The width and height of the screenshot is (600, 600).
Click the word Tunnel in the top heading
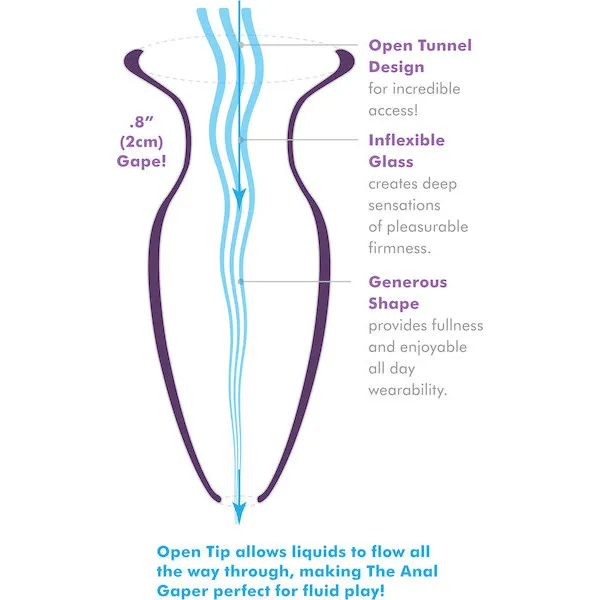click(x=445, y=46)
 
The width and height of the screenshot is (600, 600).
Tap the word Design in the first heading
click(x=396, y=67)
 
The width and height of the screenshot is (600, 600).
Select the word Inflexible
click(x=407, y=140)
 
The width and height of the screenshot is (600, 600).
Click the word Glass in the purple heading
click(x=391, y=162)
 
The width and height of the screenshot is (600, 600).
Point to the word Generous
click(x=408, y=282)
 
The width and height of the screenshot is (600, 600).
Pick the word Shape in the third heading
click(x=394, y=304)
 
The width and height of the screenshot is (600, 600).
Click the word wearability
click(x=408, y=390)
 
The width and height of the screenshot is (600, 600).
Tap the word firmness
click(x=400, y=248)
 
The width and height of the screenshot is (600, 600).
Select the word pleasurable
click(x=427, y=227)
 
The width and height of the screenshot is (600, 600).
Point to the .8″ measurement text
click(x=142, y=122)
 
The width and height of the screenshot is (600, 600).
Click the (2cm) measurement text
click(x=142, y=142)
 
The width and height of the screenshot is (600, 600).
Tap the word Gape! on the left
click(x=142, y=161)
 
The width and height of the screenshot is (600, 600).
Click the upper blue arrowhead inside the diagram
click(x=240, y=198)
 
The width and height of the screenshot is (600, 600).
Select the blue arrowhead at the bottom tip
click(x=240, y=514)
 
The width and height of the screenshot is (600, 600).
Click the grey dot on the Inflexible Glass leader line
click(x=240, y=140)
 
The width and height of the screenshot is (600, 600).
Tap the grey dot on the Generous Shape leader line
click(x=240, y=282)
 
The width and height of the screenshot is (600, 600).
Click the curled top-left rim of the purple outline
click(x=133, y=61)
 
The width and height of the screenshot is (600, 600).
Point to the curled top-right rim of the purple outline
click(x=346, y=61)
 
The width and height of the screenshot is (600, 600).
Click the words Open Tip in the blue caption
click(x=193, y=553)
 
